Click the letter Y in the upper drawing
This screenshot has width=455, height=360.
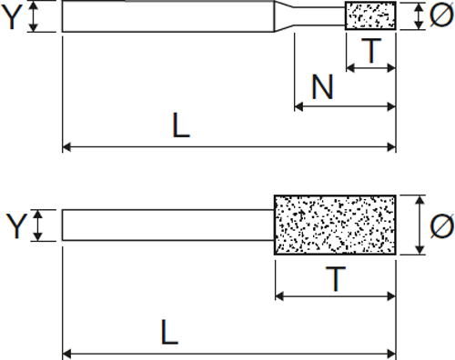(12, 15)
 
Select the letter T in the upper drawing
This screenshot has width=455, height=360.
(370, 51)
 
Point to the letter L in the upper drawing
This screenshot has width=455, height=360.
(181, 125)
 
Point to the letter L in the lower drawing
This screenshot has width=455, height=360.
(170, 333)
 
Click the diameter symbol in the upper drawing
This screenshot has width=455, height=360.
(440, 15)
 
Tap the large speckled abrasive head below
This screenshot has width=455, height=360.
(335, 224)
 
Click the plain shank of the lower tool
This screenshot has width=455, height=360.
(168, 225)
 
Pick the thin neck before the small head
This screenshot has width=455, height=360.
(324, 15)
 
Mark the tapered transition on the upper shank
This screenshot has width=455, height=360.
(288, 15)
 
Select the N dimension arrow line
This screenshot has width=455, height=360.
(346, 107)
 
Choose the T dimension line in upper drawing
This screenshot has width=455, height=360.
(370, 68)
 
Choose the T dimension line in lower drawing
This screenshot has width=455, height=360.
(335, 295)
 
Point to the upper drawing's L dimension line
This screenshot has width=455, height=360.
(227, 145)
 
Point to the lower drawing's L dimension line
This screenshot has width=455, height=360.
(227, 352)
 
